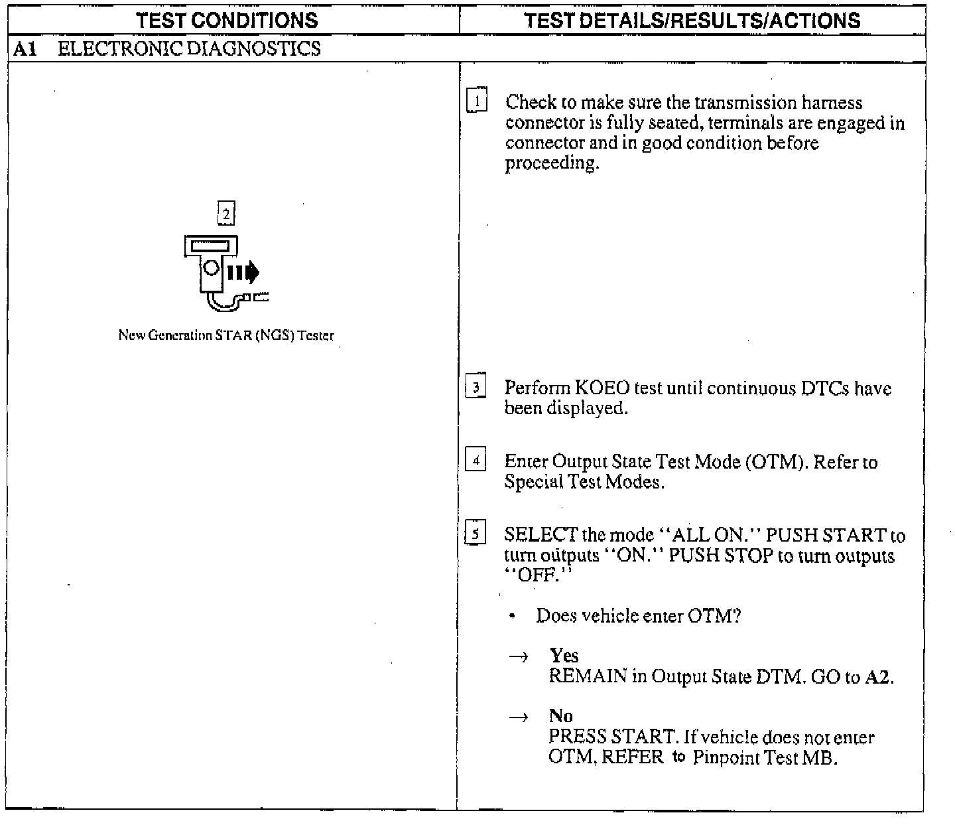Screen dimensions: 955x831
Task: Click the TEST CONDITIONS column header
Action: click(x=227, y=20)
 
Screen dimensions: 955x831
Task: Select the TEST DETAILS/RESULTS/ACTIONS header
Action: click(x=692, y=20)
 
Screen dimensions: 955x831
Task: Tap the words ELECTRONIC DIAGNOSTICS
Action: click(x=189, y=49)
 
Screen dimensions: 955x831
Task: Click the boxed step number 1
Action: click(x=477, y=100)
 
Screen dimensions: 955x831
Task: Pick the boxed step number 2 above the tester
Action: click(x=226, y=214)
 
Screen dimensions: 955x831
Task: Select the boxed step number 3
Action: click(x=476, y=386)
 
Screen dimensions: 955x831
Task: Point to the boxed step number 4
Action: click(x=476, y=459)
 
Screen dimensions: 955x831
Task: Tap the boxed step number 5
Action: click(x=476, y=533)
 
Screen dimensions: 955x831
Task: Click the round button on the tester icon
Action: click(x=212, y=267)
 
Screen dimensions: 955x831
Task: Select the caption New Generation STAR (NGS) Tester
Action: click(x=226, y=335)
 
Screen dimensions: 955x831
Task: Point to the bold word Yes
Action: click(x=564, y=656)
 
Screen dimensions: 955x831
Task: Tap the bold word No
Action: click(x=560, y=716)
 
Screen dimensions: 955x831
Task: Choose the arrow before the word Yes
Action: click(x=519, y=657)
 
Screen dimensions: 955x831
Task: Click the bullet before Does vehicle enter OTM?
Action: click(x=513, y=617)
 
